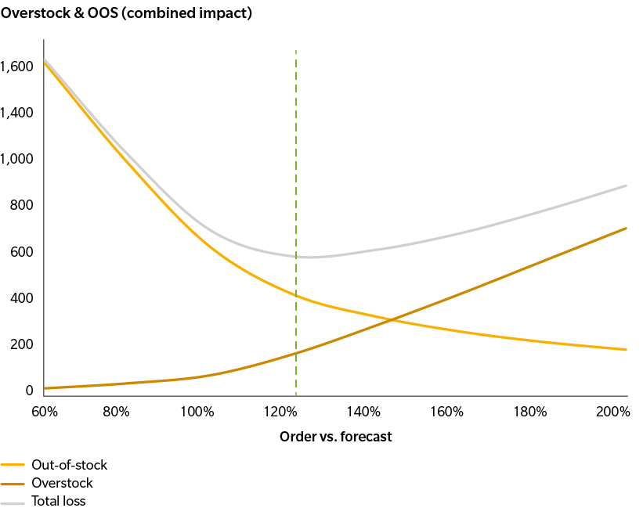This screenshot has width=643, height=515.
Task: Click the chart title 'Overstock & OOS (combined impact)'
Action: tap(126, 14)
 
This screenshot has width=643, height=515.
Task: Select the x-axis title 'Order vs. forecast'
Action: tap(335, 437)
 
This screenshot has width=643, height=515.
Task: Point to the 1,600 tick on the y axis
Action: tap(16, 67)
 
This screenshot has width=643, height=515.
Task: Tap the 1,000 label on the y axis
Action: tap(16, 159)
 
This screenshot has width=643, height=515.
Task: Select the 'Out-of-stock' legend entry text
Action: tap(69, 465)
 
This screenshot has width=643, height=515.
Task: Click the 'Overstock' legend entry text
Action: tap(62, 483)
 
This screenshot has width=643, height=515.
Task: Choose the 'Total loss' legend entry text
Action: tap(59, 501)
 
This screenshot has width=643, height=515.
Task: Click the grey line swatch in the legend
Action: tap(14, 502)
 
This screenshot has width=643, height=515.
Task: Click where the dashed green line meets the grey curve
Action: tap(296, 256)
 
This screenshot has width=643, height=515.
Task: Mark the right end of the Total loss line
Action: tap(627, 185)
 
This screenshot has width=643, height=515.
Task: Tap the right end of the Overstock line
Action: tap(627, 228)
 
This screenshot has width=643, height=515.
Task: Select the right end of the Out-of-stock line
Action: tap(627, 350)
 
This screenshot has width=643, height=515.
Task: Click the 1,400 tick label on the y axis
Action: tap(16, 113)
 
